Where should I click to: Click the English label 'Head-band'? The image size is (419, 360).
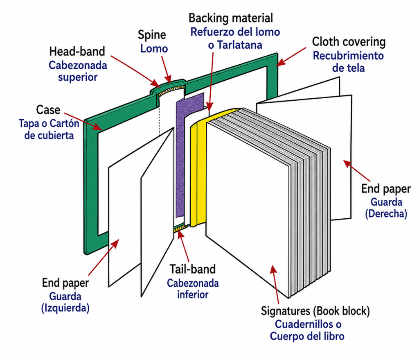77,51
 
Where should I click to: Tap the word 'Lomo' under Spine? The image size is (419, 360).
154,49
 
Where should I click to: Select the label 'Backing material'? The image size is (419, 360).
231,18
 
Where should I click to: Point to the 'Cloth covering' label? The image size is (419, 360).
349,42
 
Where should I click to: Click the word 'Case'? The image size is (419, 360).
48,110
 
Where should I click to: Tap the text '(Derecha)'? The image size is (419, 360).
386,214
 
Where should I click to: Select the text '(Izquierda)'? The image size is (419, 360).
65,308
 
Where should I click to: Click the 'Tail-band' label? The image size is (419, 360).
192,269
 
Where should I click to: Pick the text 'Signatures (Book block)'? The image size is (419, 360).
315,311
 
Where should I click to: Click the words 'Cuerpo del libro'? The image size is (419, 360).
307,336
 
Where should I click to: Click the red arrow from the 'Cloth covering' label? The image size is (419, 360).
291,57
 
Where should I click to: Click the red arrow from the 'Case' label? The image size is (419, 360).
83,121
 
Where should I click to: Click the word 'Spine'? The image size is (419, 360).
152,35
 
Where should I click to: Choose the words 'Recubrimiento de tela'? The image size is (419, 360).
348,62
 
